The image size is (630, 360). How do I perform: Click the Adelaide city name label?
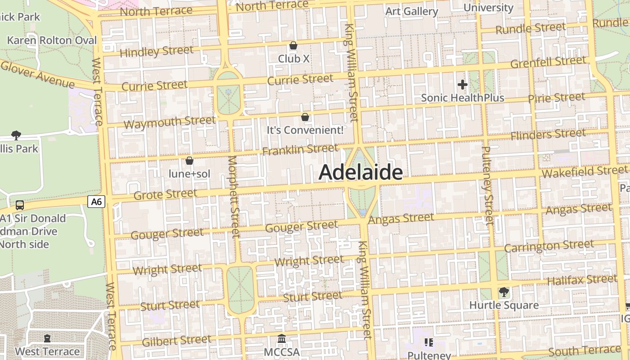tap(360, 173)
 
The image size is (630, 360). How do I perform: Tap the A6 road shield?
tap(96, 202)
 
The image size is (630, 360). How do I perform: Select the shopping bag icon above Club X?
tap(293, 45)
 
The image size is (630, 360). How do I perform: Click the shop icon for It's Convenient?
tap(305, 117)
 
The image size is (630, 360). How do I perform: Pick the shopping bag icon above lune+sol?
tap(189, 161)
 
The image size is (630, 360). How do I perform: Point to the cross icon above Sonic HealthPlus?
tap(463, 84)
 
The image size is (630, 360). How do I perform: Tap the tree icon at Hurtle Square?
tap(504, 292)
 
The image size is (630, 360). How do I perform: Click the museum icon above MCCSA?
tap(282, 338)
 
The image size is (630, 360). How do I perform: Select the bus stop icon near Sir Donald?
tap(20, 205)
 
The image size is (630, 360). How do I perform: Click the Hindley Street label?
tap(157, 51)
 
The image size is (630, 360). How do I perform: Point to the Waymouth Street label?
tap(170, 122)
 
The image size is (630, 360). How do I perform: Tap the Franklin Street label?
tap(300, 149)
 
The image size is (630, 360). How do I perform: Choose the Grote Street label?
tap(166, 194)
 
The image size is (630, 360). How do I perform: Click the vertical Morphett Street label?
tap(234, 196)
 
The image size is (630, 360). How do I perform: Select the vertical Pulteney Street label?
tap(487, 185)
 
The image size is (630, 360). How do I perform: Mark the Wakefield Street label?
tap(585, 171)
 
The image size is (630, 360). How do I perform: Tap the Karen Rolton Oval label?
tap(52, 40)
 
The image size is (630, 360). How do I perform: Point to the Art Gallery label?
tap(412, 11)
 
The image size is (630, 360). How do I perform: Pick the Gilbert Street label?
tap(176, 341)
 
